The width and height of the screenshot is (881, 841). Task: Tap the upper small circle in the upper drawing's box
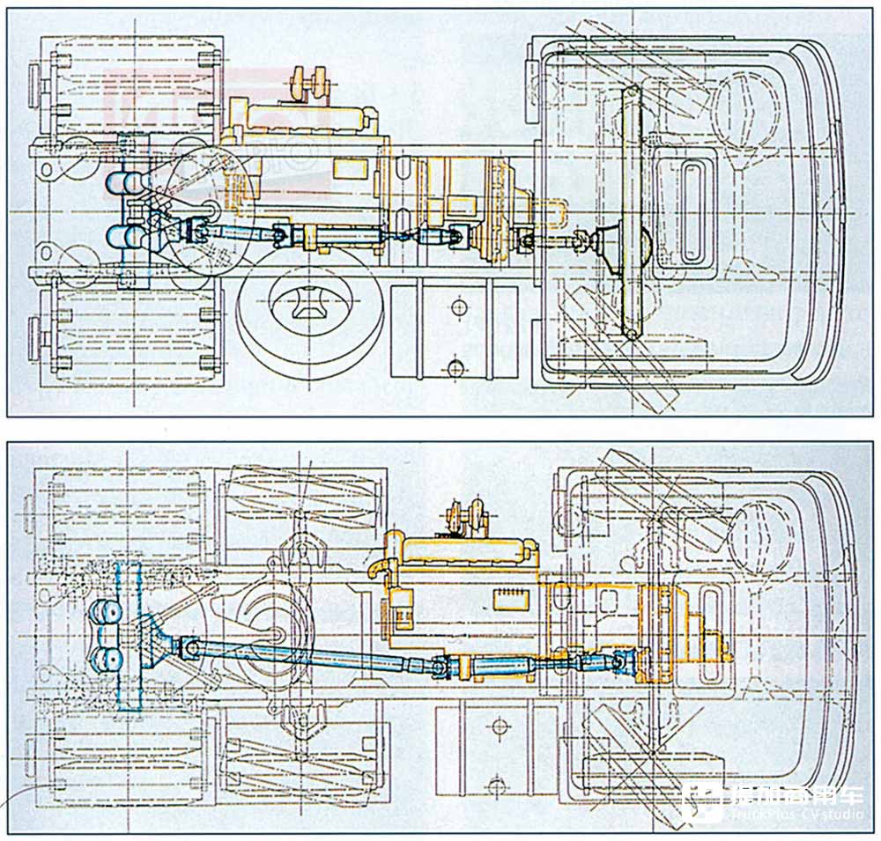click(x=457, y=306)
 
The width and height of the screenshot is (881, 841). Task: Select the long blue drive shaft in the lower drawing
click(x=300, y=657)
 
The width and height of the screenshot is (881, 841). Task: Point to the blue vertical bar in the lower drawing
click(x=128, y=634)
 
